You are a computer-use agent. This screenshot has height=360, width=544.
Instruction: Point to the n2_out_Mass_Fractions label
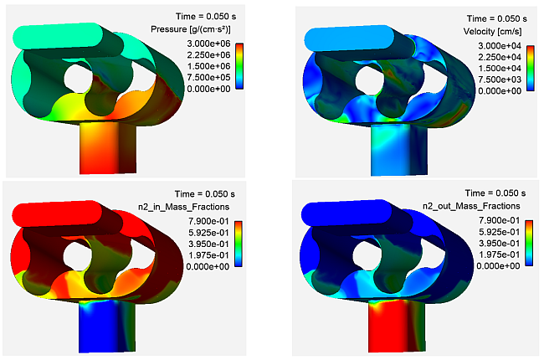click(x=480, y=205)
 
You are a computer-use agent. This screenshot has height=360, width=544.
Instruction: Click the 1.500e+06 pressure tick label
click(x=199, y=66)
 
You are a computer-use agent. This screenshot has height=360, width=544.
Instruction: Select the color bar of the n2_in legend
click(x=237, y=243)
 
